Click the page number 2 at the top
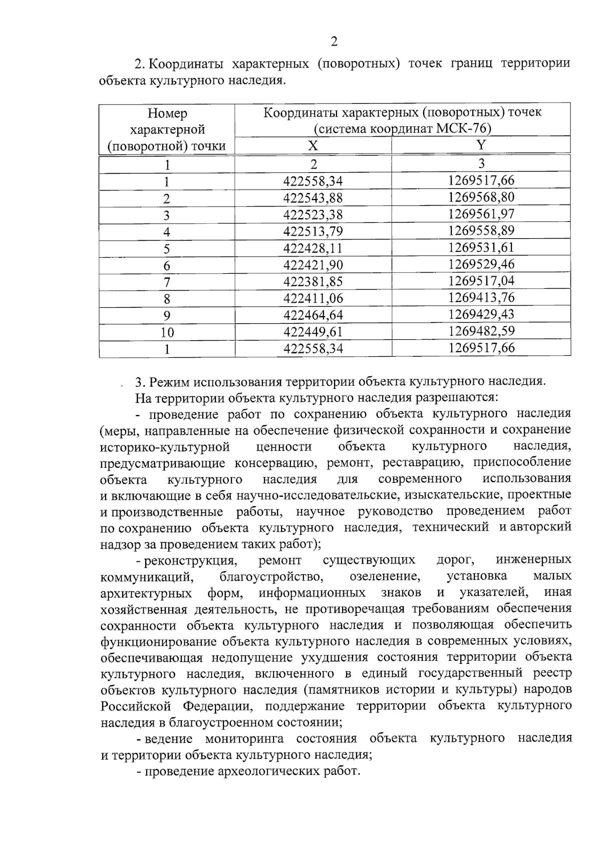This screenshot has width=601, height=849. click(334, 42)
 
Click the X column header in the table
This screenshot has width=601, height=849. click(313, 146)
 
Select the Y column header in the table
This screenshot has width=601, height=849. click(481, 145)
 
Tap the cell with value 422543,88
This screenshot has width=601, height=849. click(313, 198)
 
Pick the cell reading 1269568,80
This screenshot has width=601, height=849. click(481, 197)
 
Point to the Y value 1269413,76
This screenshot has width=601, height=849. click(481, 298)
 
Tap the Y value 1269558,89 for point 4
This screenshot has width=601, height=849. click(481, 231)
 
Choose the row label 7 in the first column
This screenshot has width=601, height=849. click(167, 282)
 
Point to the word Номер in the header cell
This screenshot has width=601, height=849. click(167, 114)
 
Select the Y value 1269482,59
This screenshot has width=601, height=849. click(481, 331)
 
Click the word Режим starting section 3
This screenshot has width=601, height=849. click(170, 382)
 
